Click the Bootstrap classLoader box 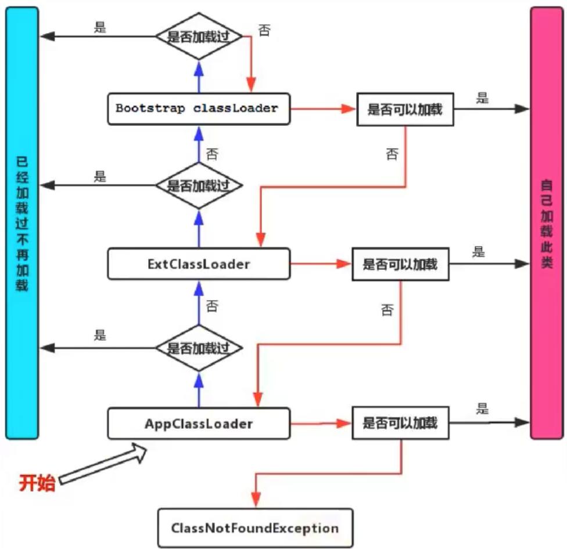tap(199, 109)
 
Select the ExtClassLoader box tap(199, 263)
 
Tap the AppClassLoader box tap(199, 423)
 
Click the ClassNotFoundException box tap(255, 528)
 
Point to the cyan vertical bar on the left tap(22, 223)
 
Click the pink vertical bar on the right tap(547, 223)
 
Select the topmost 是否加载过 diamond tap(199, 36)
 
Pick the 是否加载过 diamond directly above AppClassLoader tap(199, 348)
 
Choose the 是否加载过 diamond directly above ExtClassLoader tap(199, 185)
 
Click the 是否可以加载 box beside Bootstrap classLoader tap(405, 109)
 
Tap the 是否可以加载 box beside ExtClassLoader tap(400, 264)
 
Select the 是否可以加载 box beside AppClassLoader tap(400, 422)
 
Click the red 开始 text tap(37, 482)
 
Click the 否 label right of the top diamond tap(264, 30)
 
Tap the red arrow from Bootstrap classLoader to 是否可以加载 tap(323, 109)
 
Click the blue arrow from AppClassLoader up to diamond tap(199, 390)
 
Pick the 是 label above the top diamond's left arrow tap(100, 27)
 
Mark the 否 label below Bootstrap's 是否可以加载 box tap(392, 154)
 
